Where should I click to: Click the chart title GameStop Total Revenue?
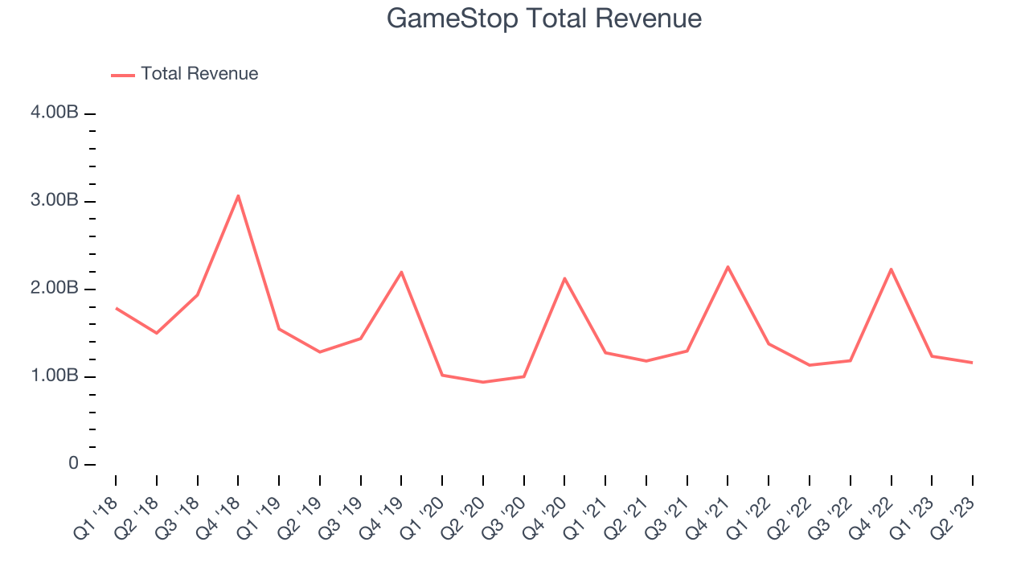click(x=544, y=18)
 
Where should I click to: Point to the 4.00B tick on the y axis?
click(x=55, y=113)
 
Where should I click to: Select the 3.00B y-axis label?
click(x=55, y=200)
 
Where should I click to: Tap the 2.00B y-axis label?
click(x=55, y=288)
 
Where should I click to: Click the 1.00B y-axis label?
click(x=55, y=376)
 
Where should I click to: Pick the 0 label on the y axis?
click(x=73, y=464)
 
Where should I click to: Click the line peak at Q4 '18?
click(x=238, y=195)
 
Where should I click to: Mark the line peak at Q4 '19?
click(x=401, y=272)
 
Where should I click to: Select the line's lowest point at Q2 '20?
click(x=483, y=382)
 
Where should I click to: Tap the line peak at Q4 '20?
click(x=564, y=278)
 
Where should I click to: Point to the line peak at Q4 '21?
click(x=728, y=266)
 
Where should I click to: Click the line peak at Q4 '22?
click(x=892, y=269)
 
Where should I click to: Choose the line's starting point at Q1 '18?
click(x=116, y=308)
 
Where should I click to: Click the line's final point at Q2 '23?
click(x=973, y=363)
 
